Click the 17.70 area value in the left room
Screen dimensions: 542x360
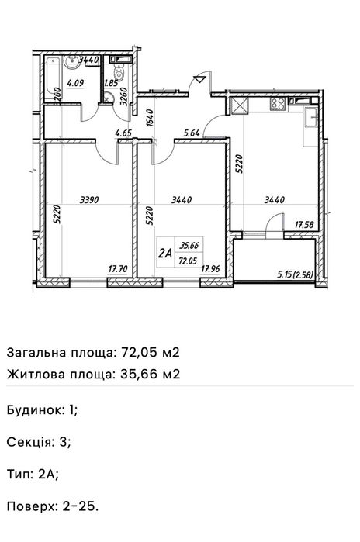[x=117, y=270]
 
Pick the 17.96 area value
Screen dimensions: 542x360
[x=210, y=270]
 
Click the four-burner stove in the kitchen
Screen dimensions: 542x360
[x=278, y=103]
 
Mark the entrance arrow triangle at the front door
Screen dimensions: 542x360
[x=202, y=78]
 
